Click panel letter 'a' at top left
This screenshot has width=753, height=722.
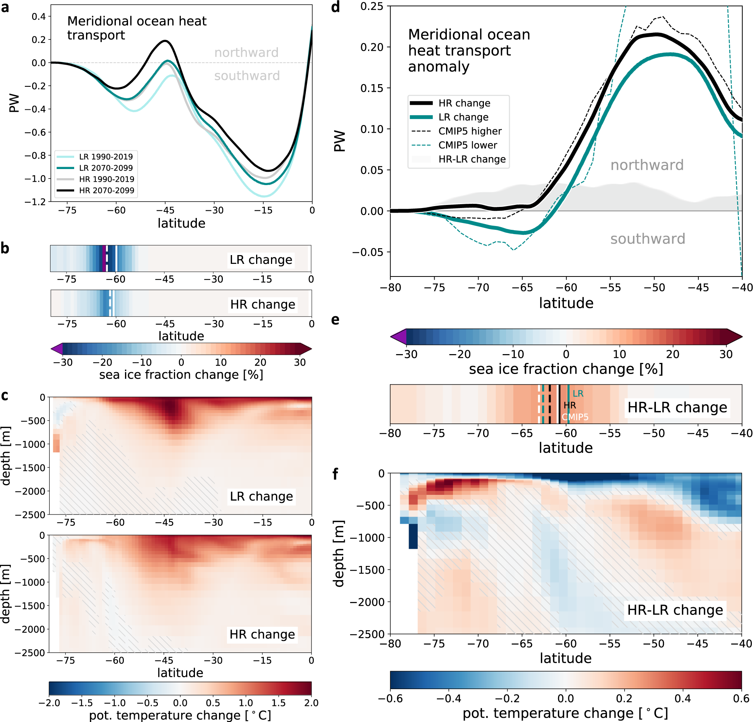(5, 7)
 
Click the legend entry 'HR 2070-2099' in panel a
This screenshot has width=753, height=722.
(106, 190)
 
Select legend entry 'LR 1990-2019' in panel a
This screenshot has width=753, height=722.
(106, 156)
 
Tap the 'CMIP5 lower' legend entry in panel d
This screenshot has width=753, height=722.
(467, 145)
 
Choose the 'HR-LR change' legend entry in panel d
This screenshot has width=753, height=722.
(472, 159)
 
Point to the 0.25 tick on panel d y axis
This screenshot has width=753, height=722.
(372, 6)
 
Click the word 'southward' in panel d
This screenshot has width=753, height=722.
(648, 239)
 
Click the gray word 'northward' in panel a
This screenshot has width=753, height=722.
(246, 52)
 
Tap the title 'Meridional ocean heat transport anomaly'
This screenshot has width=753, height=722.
(469, 50)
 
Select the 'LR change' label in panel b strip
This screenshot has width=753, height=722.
(261, 260)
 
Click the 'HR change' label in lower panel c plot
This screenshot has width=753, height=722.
(262, 634)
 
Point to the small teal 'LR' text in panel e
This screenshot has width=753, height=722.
(578, 393)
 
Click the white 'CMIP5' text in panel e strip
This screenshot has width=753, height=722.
(575, 417)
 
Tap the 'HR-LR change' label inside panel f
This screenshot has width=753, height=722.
(675, 610)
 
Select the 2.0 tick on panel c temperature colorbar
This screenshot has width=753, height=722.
(311, 703)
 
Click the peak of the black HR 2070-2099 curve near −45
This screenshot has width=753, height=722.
(166, 41)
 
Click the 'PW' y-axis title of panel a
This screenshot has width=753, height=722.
(14, 102)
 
